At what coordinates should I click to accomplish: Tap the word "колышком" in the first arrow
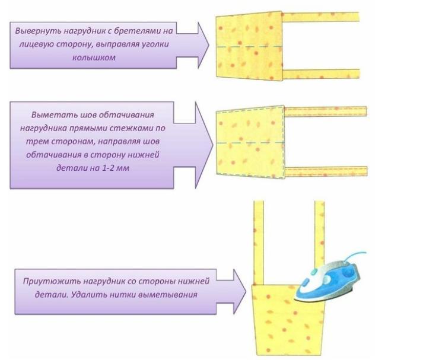click(x=102, y=58)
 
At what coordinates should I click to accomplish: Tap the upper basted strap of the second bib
click(x=323, y=110)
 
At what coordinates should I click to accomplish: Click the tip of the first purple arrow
click(x=209, y=45)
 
